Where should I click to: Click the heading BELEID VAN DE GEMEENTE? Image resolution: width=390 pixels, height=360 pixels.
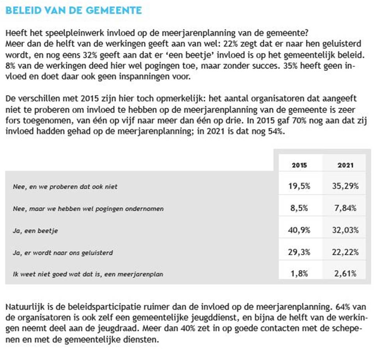74,10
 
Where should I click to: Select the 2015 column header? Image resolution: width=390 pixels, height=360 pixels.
299,165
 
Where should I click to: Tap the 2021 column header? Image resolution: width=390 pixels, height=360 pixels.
346,165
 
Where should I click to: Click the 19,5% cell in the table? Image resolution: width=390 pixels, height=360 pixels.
300,186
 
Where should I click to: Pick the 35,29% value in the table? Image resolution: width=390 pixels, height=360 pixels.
346,186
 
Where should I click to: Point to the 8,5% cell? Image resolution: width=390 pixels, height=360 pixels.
300,208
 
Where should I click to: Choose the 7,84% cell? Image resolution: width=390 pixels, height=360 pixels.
346,208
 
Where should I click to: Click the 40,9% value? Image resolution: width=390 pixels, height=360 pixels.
300,230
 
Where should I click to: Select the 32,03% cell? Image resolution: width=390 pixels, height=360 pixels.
346,230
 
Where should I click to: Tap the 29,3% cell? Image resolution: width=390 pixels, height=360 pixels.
300,252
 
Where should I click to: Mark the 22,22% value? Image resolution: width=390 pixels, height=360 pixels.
346,252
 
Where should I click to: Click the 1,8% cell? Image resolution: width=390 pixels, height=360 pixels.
300,274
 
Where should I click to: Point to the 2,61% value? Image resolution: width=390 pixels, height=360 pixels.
346,274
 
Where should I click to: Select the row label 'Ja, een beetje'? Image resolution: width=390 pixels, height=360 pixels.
30,231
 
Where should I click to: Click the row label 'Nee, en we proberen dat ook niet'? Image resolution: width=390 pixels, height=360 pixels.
65,187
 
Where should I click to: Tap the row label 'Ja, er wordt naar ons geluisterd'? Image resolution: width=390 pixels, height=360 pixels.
63,252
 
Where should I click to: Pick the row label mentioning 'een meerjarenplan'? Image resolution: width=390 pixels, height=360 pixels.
88,274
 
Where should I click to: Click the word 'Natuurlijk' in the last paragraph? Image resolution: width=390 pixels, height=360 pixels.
22,307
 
